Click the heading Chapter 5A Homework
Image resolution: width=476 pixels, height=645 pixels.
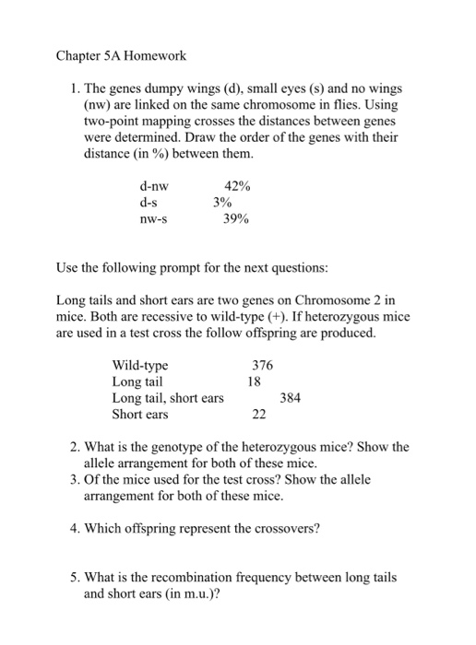point(121,55)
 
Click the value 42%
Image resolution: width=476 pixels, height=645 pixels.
point(237,186)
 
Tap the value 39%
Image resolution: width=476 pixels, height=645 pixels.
point(237,219)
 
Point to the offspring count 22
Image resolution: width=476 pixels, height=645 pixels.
point(259,415)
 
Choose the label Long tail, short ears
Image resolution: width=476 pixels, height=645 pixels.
point(167,398)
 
